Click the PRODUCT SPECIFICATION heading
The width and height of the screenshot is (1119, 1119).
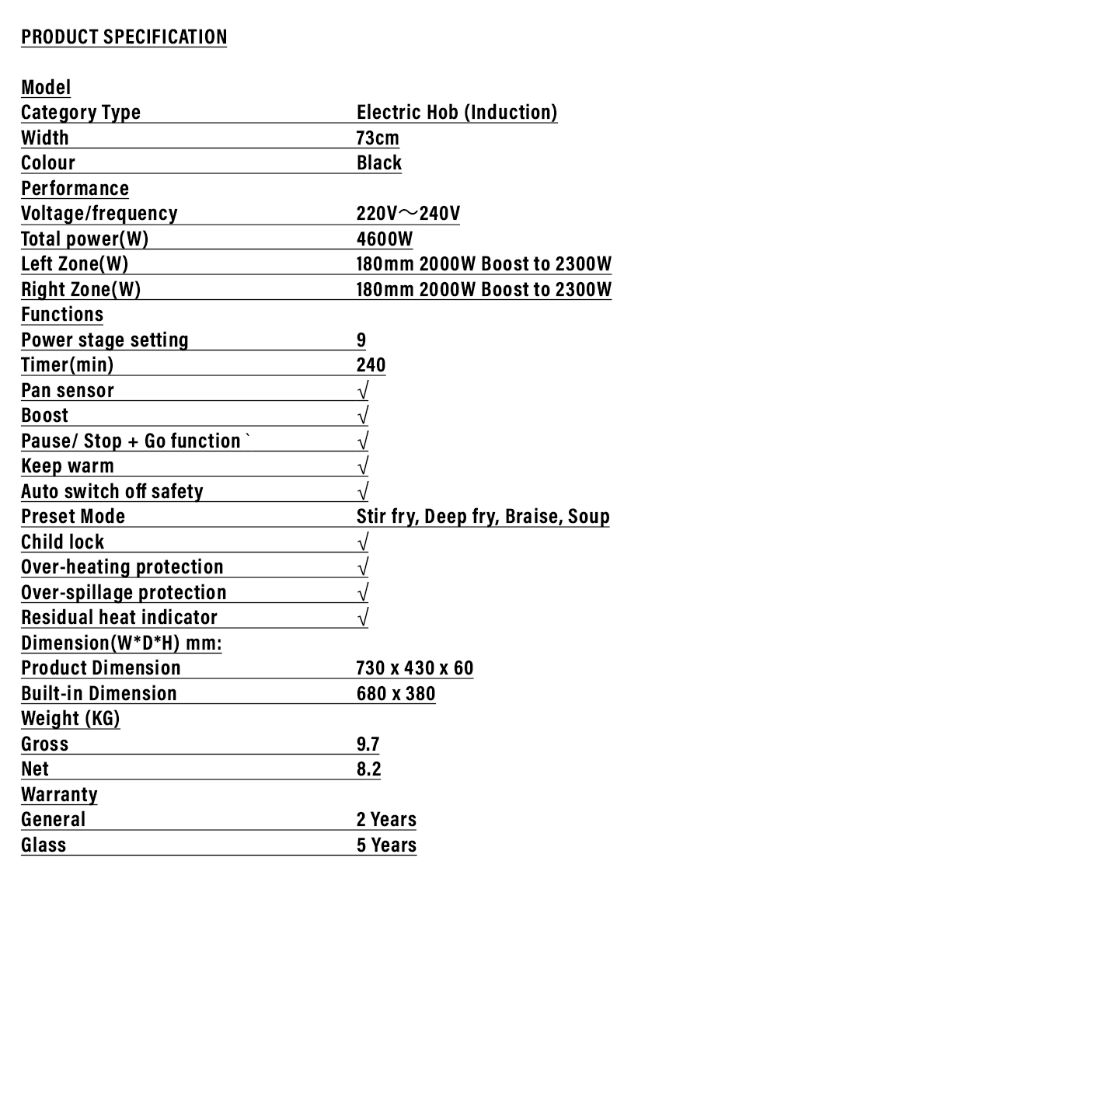click(124, 37)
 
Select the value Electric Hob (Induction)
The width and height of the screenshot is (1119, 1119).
click(457, 112)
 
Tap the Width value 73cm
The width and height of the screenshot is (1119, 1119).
click(378, 138)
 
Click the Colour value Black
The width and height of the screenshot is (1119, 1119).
click(379, 162)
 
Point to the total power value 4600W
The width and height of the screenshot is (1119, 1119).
click(385, 239)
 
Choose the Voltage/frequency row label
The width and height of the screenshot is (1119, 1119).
click(99, 213)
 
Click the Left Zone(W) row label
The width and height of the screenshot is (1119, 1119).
click(75, 263)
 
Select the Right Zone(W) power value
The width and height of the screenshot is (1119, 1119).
click(483, 289)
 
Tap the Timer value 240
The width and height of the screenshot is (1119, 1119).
click(371, 364)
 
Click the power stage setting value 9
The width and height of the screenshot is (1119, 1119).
click(361, 340)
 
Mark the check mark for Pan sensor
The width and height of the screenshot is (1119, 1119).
click(363, 390)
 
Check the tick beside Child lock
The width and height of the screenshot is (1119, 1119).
click(363, 542)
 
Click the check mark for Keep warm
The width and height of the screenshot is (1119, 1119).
click(363, 466)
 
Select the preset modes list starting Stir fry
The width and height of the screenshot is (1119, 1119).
click(483, 516)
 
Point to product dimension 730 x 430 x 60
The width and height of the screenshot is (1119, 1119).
click(414, 668)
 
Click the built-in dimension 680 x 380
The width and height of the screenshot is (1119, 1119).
click(396, 693)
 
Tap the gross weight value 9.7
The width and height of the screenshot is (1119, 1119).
click(368, 744)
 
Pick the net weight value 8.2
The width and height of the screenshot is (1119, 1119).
click(368, 769)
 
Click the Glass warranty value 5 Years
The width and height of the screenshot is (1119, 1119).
click(386, 845)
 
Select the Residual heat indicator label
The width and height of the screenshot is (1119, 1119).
click(119, 617)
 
